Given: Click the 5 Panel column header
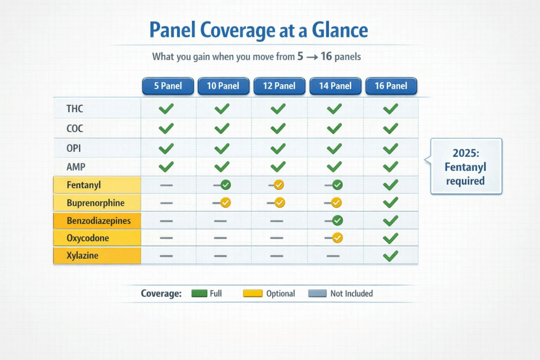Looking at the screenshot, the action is coord(168,86).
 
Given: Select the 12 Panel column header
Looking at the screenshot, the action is coord(279,86).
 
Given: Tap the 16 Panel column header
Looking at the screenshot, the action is coord(391,86).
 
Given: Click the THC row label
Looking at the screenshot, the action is coord(75,109).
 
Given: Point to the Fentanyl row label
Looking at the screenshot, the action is coord(84,185).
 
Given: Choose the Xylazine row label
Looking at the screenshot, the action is coord(83,255).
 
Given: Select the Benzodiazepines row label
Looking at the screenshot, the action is coord(99,221).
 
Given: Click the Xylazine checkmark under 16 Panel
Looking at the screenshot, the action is coord(391,256).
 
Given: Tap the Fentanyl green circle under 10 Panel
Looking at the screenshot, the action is coord(226,185).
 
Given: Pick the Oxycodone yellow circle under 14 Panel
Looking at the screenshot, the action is coord(337,238).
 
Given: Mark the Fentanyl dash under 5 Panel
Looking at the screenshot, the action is coord(166,185).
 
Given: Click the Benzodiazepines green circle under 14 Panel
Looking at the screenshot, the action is coord(337,220).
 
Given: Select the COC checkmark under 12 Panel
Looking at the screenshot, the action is coord(278,129).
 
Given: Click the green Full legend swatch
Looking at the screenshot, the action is coord(199,293).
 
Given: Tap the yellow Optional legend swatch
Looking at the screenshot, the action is coord(253,293).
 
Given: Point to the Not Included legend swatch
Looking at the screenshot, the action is coord(317,293).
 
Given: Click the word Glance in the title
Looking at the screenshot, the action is coord(340,30).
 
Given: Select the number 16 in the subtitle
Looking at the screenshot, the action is coord(326,56).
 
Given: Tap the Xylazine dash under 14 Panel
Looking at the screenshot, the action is coord(333,256).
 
